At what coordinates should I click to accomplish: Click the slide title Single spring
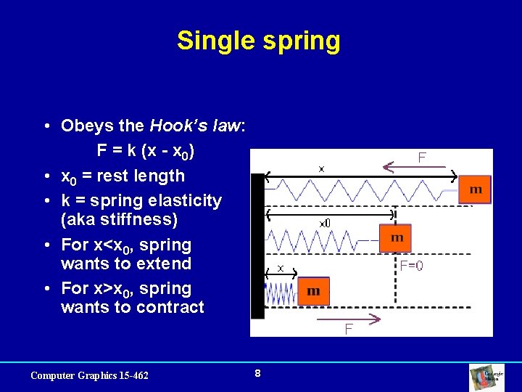coord(258,41)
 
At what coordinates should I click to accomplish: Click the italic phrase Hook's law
coord(196,126)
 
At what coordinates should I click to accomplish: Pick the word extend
coord(166,264)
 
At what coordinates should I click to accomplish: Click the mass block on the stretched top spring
coord(475,189)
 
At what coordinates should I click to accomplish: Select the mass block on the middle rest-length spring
coord(395,238)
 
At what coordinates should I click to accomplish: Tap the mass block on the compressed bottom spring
coord(313,291)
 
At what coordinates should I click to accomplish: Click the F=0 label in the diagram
coord(412,266)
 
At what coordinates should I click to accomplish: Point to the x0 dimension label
coord(326,223)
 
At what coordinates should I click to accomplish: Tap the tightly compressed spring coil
coord(282,293)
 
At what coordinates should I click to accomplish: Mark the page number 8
coord(257,374)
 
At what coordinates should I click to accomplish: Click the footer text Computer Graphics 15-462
coord(89,375)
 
